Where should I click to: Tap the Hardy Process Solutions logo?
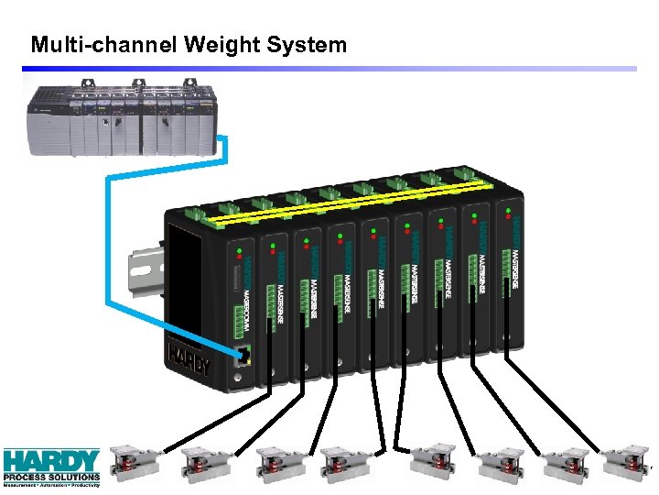coord(51,465)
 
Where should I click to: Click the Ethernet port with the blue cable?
coord(243,355)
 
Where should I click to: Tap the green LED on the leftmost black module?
coord(238,248)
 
